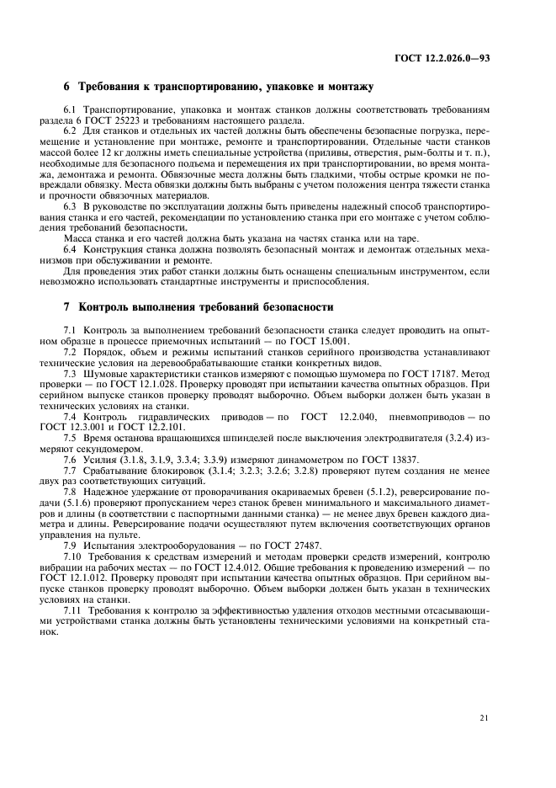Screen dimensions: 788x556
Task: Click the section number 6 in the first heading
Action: click(67, 87)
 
